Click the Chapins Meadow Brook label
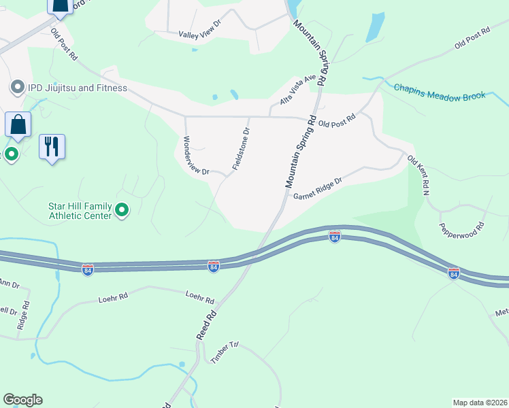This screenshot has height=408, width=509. tap(440, 91)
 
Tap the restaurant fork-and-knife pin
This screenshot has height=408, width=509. tap(52, 146)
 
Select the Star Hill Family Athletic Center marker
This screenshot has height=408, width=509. tap(122, 210)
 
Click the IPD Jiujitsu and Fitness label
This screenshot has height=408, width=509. tap(77, 88)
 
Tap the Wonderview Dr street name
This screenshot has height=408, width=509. tap(196, 156)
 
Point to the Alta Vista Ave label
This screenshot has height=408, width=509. tap(299, 90)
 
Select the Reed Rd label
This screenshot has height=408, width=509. tap(206, 326)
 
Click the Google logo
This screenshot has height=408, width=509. tap(22, 400)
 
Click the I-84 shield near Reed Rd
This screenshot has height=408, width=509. tap(214, 267)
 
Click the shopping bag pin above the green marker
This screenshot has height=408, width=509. tap(18, 125)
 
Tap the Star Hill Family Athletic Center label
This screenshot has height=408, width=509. tap(79, 211)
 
